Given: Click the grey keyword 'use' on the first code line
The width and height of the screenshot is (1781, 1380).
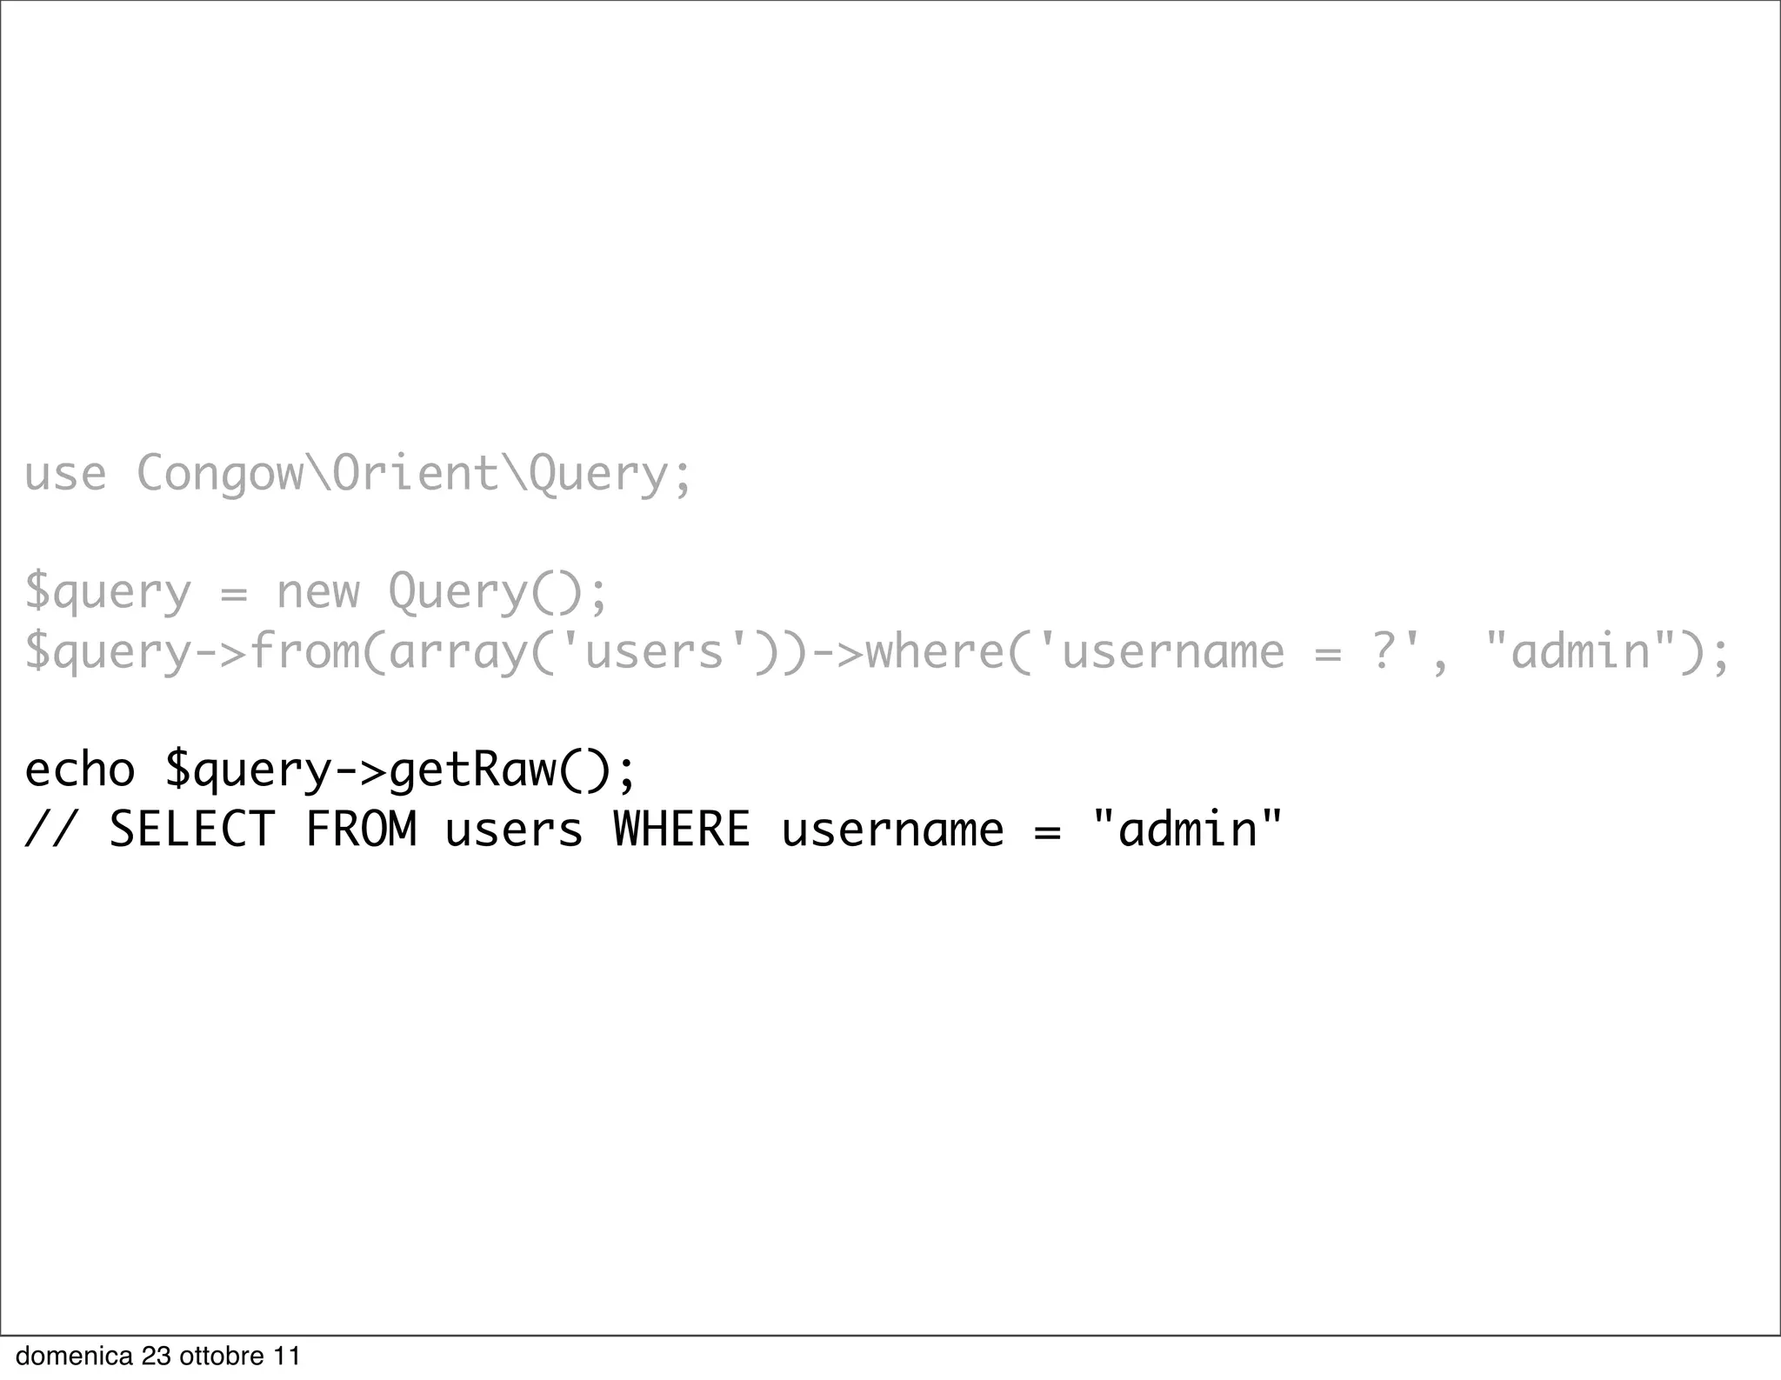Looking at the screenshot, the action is [x=65, y=475].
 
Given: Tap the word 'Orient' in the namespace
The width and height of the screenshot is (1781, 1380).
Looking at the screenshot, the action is [x=416, y=475].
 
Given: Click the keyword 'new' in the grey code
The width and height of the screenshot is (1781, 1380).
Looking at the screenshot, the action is [x=317, y=593].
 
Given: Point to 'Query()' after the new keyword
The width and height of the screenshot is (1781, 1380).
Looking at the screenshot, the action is [x=485, y=593].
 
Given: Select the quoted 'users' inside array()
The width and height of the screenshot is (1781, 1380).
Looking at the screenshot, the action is [x=654, y=652].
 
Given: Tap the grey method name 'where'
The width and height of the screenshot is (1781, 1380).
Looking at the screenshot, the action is [x=936, y=652].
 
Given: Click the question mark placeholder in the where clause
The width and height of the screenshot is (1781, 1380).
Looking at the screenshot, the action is [x=1384, y=652].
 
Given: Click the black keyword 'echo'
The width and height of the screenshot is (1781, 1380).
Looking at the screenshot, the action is [x=80, y=770].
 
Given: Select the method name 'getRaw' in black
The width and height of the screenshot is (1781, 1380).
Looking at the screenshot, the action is [x=472, y=770].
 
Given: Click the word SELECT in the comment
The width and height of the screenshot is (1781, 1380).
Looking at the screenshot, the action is [x=192, y=830].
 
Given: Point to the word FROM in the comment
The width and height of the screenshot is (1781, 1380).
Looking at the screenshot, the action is [x=361, y=830].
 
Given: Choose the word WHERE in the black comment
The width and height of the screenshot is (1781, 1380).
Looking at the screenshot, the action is [x=682, y=830].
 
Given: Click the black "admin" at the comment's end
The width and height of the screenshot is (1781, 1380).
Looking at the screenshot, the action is [x=1187, y=830].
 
